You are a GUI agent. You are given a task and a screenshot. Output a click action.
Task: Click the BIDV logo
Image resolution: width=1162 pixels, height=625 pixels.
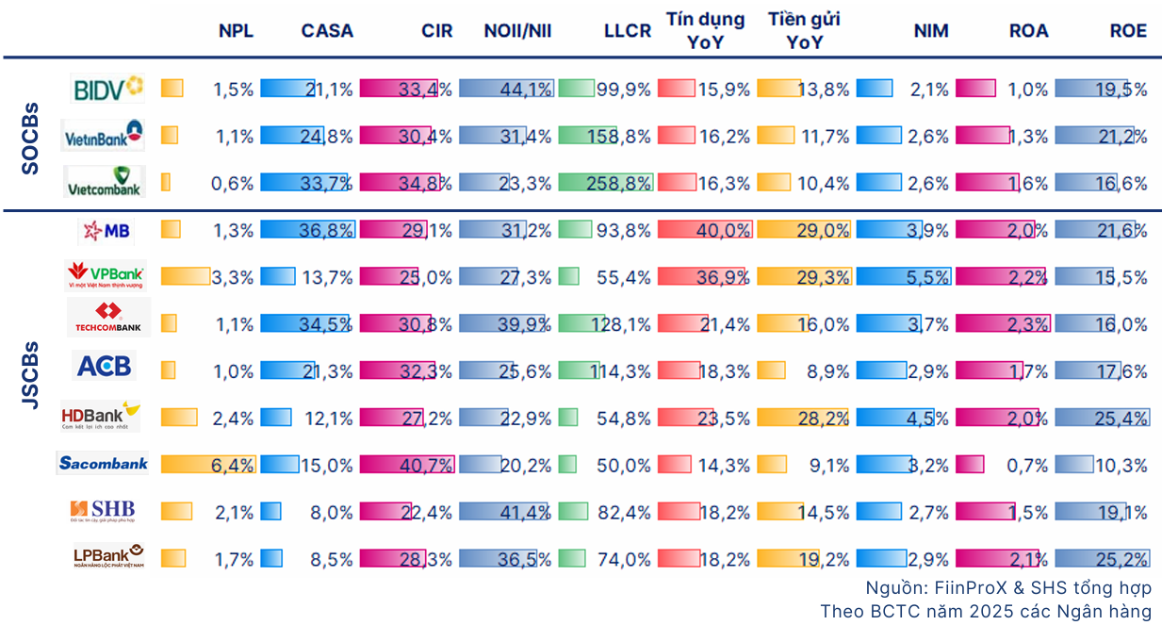(x=106, y=89)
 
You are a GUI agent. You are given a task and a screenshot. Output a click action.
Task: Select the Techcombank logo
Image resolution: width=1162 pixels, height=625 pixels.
(x=107, y=318)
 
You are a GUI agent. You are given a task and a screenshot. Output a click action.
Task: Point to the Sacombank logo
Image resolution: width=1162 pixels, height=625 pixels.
(x=104, y=463)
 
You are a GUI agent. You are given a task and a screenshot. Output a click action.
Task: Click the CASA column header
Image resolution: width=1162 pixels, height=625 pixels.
(x=327, y=30)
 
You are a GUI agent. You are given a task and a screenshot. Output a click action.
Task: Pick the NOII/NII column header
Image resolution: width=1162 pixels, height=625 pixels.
(x=517, y=30)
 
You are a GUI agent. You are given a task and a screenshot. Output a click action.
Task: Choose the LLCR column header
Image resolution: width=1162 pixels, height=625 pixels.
(x=628, y=30)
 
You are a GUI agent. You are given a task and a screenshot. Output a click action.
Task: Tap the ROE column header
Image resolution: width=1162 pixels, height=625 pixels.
(x=1128, y=30)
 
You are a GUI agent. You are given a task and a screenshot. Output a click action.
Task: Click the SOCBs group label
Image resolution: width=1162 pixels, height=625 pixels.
(x=30, y=138)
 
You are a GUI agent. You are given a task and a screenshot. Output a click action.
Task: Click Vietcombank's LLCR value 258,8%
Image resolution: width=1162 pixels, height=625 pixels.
(x=617, y=183)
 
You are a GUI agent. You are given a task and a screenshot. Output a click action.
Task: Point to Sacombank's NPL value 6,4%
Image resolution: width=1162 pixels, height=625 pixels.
(x=234, y=465)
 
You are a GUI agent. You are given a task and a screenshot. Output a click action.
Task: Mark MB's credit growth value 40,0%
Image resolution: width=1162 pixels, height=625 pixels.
(x=725, y=230)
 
